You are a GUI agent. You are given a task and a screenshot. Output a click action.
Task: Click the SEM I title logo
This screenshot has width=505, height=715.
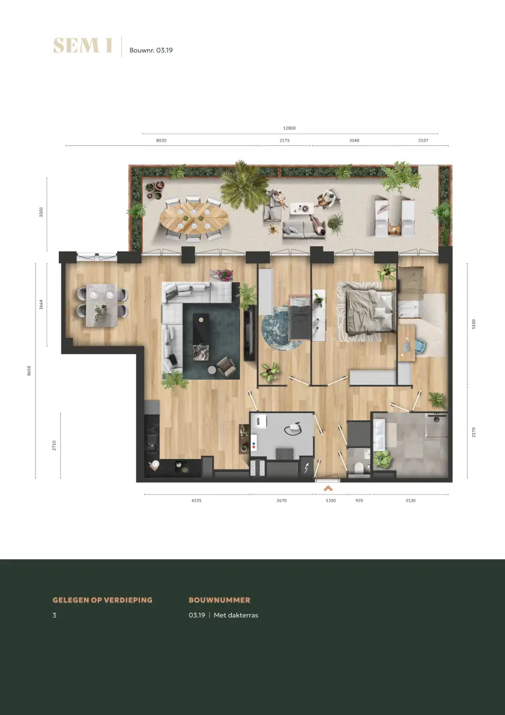pyautogui.click(x=83, y=46)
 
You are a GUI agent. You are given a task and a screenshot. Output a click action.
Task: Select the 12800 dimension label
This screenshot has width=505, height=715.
pyautogui.click(x=290, y=128)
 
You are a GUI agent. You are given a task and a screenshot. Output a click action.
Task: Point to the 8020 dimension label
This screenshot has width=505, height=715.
pyautogui.click(x=162, y=140)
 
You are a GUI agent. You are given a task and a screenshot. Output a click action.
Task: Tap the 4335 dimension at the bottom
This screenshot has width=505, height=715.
pyautogui.click(x=196, y=500)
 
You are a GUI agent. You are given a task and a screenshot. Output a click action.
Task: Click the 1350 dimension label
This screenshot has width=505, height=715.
pyautogui.click(x=331, y=500)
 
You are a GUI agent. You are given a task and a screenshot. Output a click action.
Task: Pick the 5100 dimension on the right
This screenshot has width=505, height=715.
pyautogui.click(x=474, y=323)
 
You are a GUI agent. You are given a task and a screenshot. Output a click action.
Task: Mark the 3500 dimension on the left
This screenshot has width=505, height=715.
pyautogui.click(x=41, y=212)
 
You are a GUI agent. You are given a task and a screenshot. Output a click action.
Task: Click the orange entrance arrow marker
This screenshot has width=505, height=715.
pyautogui.click(x=328, y=488)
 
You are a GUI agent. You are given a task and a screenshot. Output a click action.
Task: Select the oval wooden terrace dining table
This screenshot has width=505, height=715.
pyautogui.click(x=195, y=219)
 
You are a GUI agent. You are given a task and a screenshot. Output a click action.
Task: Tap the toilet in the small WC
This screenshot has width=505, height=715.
pyautogui.click(x=360, y=468)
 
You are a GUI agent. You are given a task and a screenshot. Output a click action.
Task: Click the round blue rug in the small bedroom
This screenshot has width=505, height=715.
pyautogui.click(x=281, y=328)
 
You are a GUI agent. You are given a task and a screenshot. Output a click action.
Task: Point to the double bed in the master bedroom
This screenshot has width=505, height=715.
pyautogui.click(x=370, y=311)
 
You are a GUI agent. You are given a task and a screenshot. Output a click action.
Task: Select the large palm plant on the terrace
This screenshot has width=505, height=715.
pyautogui.click(x=244, y=185)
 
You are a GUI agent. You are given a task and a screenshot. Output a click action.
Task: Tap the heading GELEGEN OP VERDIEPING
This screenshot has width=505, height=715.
pyautogui.click(x=103, y=600)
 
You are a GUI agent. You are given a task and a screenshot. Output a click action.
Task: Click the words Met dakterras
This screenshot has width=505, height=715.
pyautogui.click(x=236, y=615)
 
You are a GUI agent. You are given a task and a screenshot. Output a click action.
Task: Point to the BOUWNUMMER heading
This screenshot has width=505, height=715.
pyautogui.click(x=219, y=600)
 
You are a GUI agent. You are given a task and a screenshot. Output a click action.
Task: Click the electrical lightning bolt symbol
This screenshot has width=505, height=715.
pyautogui.click(x=307, y=468)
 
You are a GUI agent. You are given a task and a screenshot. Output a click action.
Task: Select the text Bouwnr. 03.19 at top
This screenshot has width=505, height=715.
pyautogui.click(x=151, y=50)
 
